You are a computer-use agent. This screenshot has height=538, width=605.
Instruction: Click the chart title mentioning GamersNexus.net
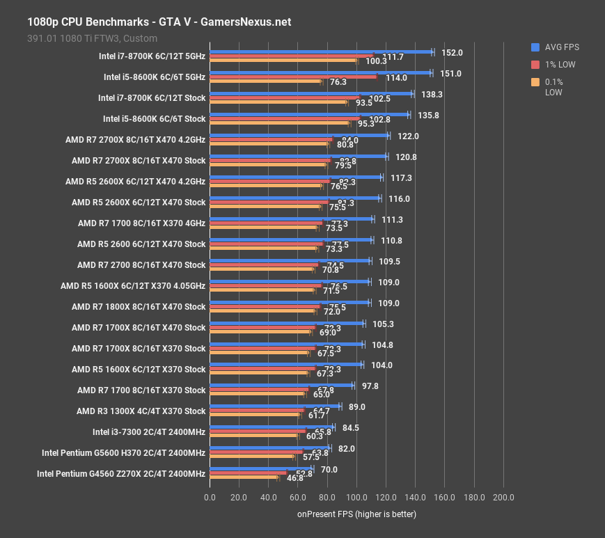pyautogui.click(x=159, y=22)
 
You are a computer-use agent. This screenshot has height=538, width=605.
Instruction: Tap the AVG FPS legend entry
pyautogui.click(x=560, y=47)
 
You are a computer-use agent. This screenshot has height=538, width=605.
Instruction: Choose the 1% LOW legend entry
pyautogui.click(x=560, y=65)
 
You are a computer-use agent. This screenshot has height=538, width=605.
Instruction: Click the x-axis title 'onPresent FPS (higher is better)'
pyautogui.click(x=356, y=514)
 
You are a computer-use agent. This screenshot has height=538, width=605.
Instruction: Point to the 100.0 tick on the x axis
pyautogui.click(x=356, y=498)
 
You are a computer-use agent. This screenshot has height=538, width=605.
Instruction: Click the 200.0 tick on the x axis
pyautogui.click(x=503, y=498)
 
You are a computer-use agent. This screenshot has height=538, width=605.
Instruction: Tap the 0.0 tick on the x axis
pyautogui.click(x=210, y=498)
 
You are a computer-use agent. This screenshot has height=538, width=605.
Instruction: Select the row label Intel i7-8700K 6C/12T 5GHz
pyautogui.click(x=152, y=56)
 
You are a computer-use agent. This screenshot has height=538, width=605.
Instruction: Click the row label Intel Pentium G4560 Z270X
pyautogui.click(x=121, y=474)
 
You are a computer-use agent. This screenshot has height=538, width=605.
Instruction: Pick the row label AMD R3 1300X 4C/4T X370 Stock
pyautogui.click(x=141, y=411)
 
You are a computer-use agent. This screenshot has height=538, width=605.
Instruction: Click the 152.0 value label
pyautogui.click(x=452, y=53)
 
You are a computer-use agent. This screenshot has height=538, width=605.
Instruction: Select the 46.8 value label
pyautogui.click(x=296, y=479)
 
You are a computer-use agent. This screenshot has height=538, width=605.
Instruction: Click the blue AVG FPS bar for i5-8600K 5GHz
pyautogui.click(x=320, y=72)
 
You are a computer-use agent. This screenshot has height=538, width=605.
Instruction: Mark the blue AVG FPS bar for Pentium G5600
pyautogui.click(x=269, y=448)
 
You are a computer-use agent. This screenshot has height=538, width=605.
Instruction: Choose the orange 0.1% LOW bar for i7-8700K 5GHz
pyautogui.click(x=283, y=61)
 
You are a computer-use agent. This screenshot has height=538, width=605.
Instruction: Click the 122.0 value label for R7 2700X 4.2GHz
pyautogui.click(x=408, y=136)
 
